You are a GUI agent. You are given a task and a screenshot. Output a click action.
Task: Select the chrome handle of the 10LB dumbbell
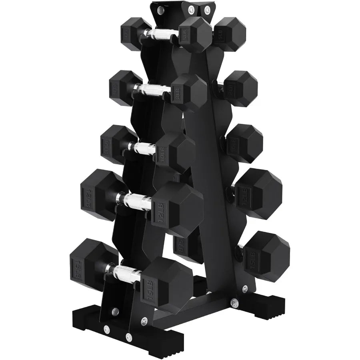[x=142, y=147]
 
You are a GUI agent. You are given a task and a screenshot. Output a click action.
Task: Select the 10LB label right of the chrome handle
[x=162, y=152]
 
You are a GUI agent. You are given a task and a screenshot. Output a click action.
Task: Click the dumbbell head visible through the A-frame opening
[x=182, y=244]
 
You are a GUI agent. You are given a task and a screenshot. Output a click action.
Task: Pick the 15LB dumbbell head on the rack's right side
[x=266, y=252]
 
